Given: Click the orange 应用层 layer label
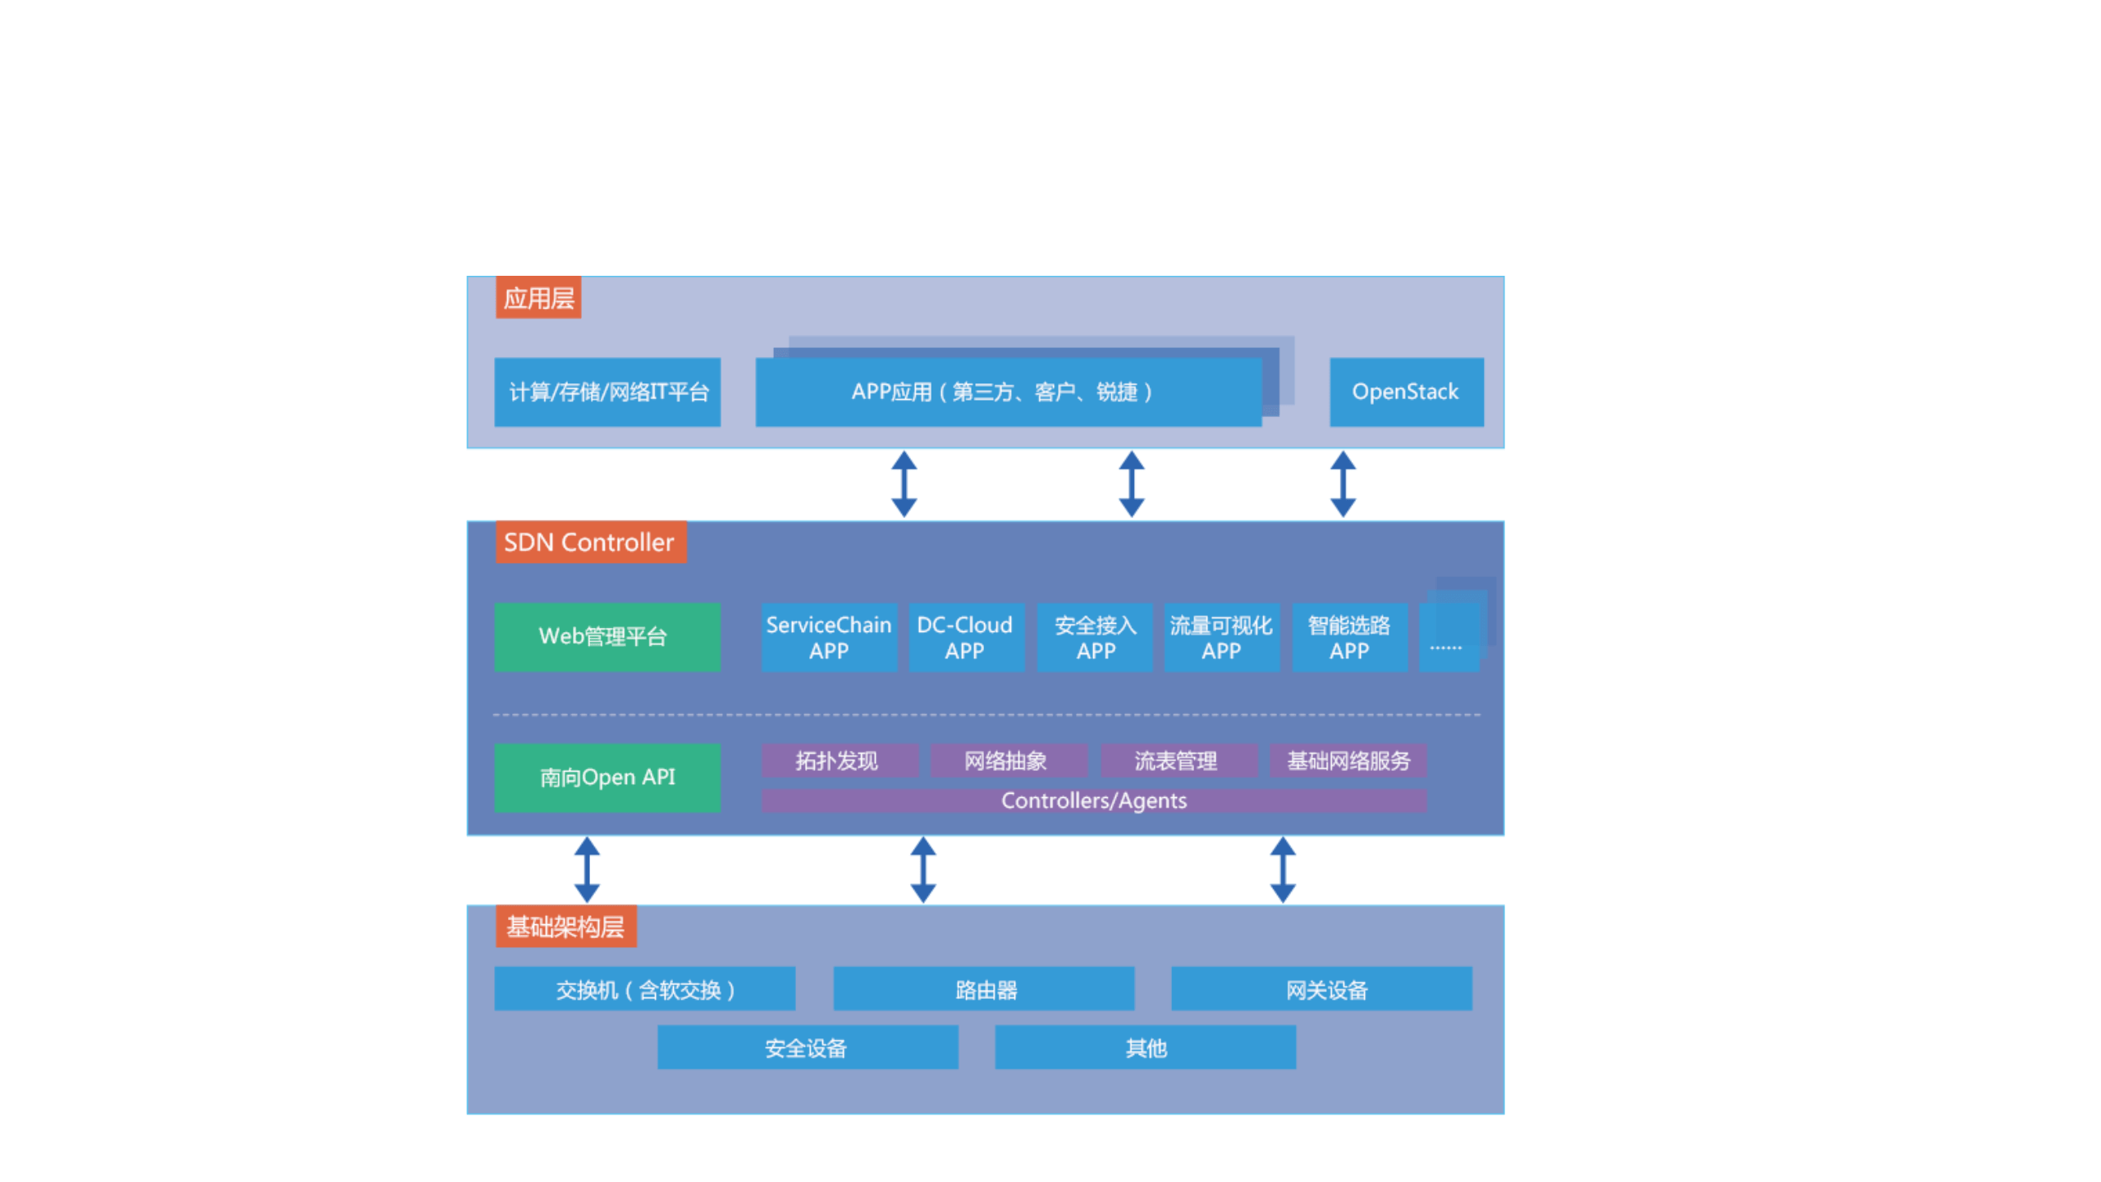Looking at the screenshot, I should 538,297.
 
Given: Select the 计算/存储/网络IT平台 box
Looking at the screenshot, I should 606,392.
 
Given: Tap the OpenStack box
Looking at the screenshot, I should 1405,392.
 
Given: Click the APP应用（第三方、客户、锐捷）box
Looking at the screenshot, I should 1007,392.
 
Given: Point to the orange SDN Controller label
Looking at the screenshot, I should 589,542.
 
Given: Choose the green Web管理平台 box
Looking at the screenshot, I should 606,637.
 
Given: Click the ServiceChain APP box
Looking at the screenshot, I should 828,637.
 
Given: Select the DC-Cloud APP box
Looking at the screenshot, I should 964,637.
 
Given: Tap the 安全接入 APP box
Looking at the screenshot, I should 1094,637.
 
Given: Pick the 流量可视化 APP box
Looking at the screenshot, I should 1220,637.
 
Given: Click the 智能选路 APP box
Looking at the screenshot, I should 1348,637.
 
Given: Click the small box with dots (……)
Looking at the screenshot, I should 1448,639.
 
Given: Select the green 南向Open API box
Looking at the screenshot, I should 606,777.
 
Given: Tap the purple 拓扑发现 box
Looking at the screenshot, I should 838,760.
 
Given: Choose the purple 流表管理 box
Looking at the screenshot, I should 1177,760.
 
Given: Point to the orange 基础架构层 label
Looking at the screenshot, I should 565,926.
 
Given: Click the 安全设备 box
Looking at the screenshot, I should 807,1047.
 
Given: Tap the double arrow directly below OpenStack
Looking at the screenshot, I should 1342,483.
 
